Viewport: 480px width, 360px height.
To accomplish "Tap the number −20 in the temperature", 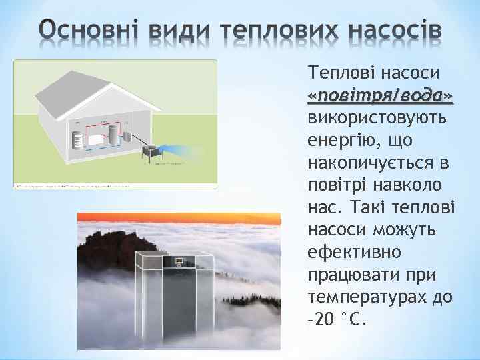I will [x=323, y=319].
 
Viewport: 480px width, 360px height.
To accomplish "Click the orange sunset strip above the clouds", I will [x=179, y=220].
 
